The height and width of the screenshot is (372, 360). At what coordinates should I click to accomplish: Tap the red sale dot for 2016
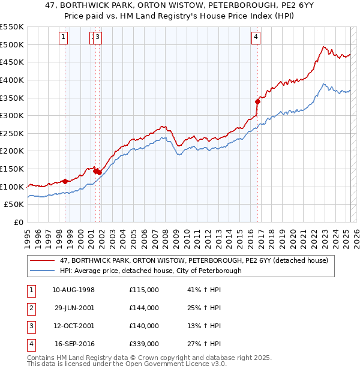(x=257, y=101)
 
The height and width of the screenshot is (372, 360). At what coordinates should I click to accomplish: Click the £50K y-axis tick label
(x=14, y=205)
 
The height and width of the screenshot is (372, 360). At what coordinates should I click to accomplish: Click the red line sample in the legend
(x=43, y=261)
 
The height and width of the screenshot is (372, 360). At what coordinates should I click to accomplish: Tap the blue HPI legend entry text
(x=150, y=271)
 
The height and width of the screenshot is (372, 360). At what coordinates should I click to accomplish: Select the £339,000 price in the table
(x=143, y=344)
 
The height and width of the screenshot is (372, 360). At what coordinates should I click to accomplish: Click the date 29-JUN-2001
(x=74, y=308)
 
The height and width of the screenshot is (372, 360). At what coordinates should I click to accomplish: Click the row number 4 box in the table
(x=31, y=344)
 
